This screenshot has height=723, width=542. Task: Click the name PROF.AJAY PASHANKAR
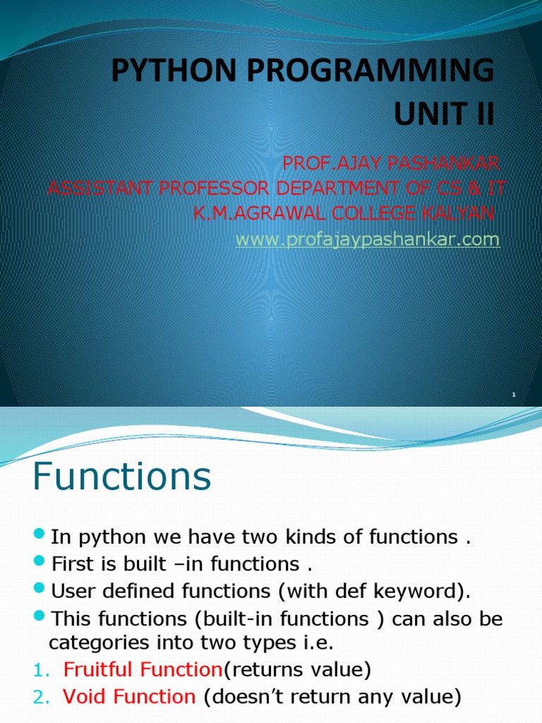(x=390, y=165)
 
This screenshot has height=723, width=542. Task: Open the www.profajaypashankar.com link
(x=367, y=240)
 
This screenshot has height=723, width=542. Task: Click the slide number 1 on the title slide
(x=514, y=396)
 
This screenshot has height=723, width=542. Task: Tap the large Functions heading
(x=121, y=477)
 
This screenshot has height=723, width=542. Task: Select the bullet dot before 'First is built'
(x=40, y=563)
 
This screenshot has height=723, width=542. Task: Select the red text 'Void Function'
(x=129, y=698)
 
